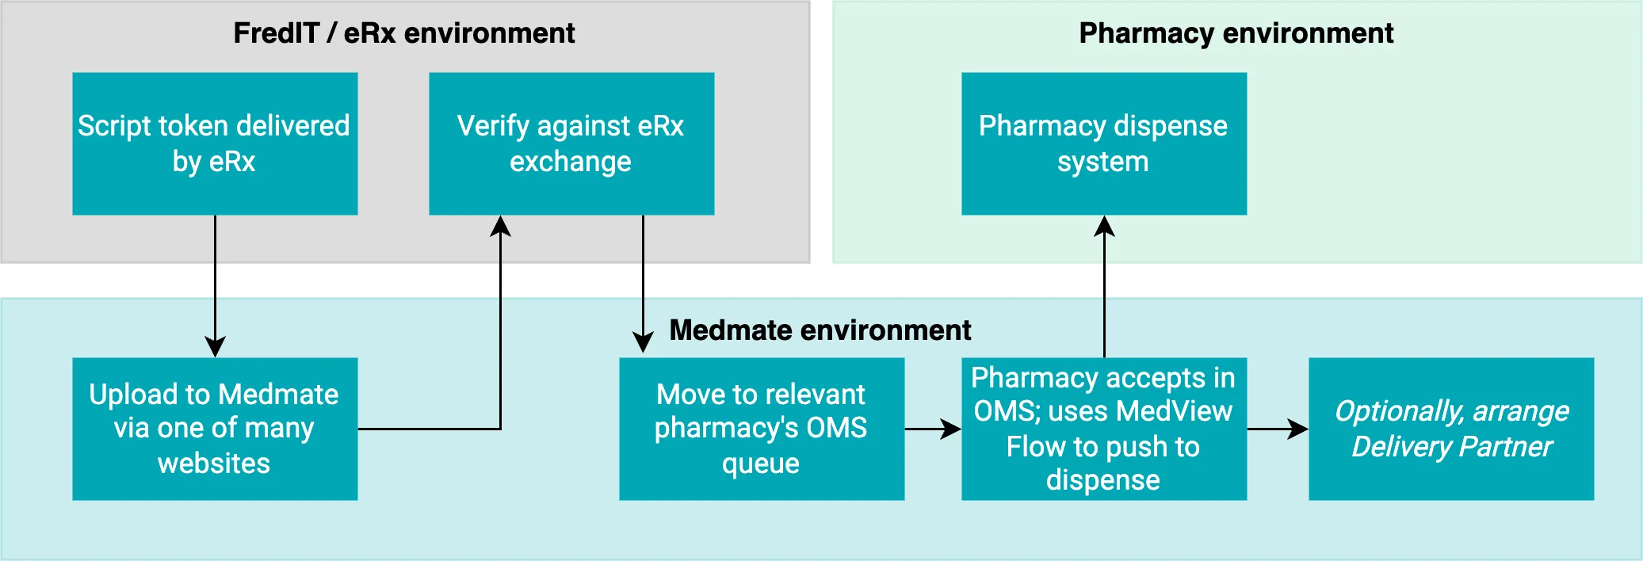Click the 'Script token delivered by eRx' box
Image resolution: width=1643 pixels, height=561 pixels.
pos(215,143)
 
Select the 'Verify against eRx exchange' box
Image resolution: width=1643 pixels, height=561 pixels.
pos(571,143)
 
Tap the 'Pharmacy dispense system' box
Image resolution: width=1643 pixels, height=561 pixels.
pos(1103,143)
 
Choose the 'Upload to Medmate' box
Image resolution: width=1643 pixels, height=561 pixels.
pos(215,429)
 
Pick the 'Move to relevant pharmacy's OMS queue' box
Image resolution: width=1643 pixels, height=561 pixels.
pos(761,429)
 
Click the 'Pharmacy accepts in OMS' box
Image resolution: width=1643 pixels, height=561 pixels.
pos(1103,429)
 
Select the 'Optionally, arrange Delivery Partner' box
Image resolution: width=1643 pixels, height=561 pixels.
pos(1450,429)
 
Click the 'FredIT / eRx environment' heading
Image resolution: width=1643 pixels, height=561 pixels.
pos(404,33)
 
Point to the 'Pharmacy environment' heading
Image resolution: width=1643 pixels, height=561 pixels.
pos(1236,33)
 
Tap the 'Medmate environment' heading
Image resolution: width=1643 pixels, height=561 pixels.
pos(820,330)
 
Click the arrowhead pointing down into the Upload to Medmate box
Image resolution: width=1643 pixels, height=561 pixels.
pos(215,347)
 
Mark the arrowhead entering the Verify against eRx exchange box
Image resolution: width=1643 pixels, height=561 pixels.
pos(500,227)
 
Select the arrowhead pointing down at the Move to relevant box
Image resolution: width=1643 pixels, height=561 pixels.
pos(643,342)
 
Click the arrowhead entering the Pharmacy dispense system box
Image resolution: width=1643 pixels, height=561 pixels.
pos(1104,227)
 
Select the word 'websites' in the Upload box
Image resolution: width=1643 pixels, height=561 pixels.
pos(214,464)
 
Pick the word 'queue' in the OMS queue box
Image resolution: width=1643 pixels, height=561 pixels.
pos(761,464)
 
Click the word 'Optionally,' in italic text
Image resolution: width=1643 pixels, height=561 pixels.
pos(1399,411)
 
